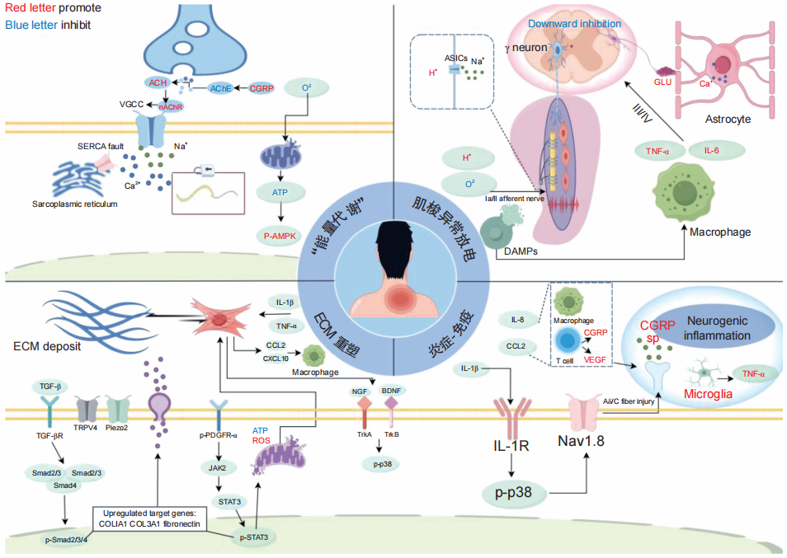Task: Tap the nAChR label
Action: [x=171, y=107]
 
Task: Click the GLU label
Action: [x=662, y=82]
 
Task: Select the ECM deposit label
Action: [x=46, y=346]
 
